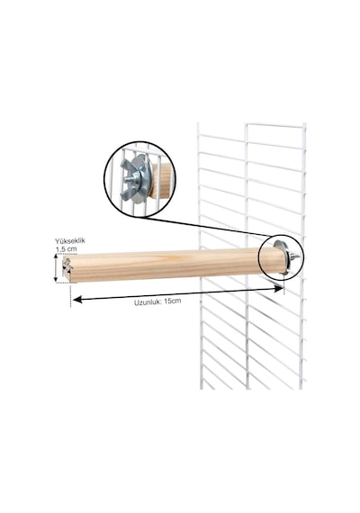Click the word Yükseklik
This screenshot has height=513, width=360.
(70, 241)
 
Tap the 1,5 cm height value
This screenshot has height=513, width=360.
(67, 249)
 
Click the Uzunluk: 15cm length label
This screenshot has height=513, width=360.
(157, 301)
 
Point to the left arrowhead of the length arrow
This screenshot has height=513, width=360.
(77, 300)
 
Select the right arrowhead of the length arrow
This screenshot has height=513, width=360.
(278, 288)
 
